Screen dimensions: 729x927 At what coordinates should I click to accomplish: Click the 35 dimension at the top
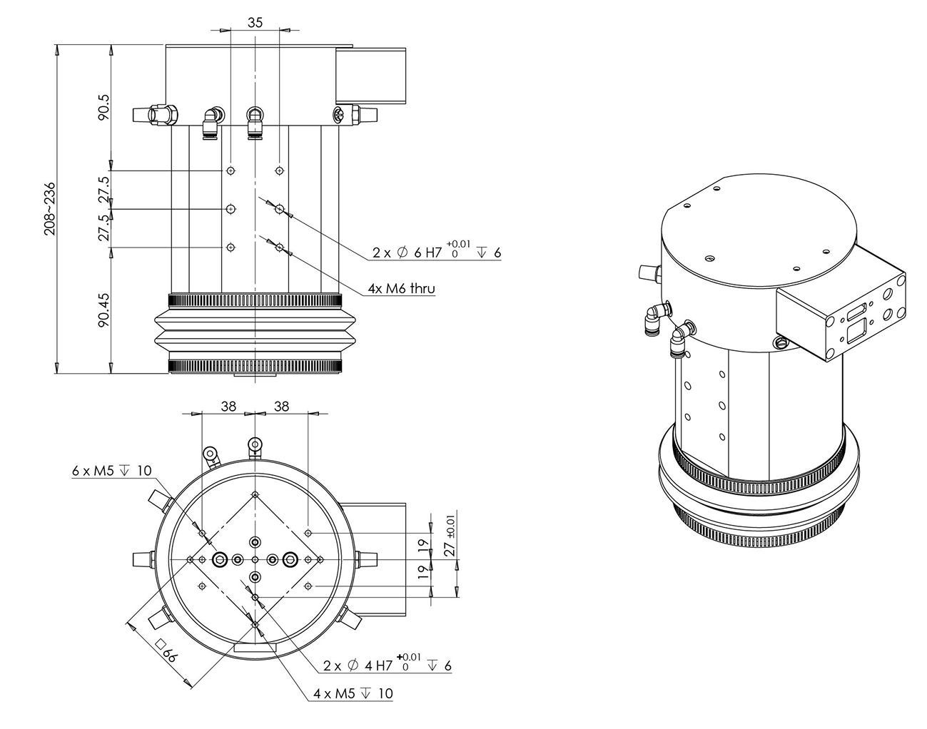click(255, 22)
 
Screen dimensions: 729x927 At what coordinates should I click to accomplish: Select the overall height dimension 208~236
click(49, 208)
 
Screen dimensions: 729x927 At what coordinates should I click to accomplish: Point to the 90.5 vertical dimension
click(103, 107)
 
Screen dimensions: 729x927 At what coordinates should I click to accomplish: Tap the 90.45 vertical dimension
click(103, 308)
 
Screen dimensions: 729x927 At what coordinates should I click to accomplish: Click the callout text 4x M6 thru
click(401, 288)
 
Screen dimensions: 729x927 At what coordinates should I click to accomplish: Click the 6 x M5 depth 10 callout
click(112, 470)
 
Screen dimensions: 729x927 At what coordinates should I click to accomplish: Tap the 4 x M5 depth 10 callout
click(353, 693)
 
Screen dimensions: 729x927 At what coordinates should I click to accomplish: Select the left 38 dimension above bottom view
click(228, 406)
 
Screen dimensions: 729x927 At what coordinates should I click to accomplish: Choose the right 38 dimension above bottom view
click(282, 406)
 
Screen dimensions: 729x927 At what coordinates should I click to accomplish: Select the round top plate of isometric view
click(756, 228)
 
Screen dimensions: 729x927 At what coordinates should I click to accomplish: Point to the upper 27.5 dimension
click(103, 189)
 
